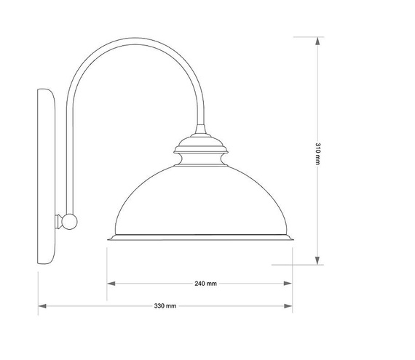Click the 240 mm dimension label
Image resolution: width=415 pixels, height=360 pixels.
(207, 284)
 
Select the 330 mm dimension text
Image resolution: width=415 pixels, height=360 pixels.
(165, 306)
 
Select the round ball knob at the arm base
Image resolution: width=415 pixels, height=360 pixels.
(70, 221)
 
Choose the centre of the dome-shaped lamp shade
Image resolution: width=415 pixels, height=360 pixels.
(200, 200)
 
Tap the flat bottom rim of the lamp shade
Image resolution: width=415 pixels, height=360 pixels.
(200, 238)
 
